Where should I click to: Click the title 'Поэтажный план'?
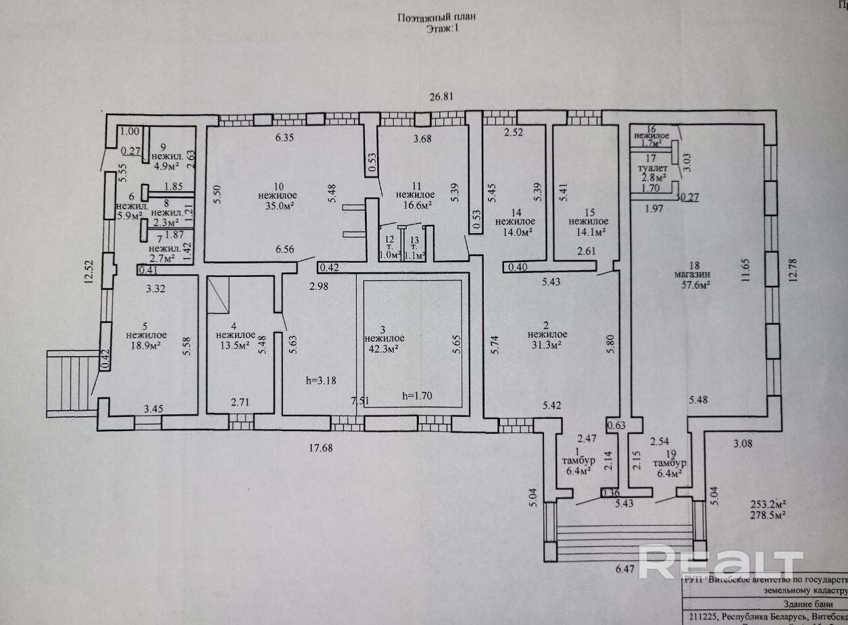pos(430,18)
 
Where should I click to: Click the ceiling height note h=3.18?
pos(321,380)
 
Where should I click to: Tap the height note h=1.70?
pos(416,396)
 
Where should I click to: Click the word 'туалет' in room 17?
pos(653,169)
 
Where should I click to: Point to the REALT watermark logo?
pos(720,564)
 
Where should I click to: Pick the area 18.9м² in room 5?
pos(146,345)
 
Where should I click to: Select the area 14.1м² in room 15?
pos(587,232)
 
